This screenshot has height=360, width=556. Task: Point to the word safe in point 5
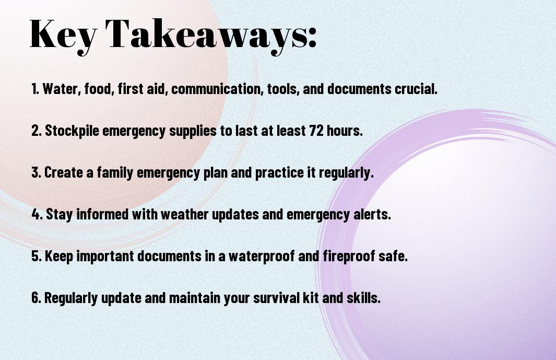click(395, 257)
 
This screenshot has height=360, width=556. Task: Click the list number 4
click(36, 215)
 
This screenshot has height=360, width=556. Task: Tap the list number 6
click(36, 298)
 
